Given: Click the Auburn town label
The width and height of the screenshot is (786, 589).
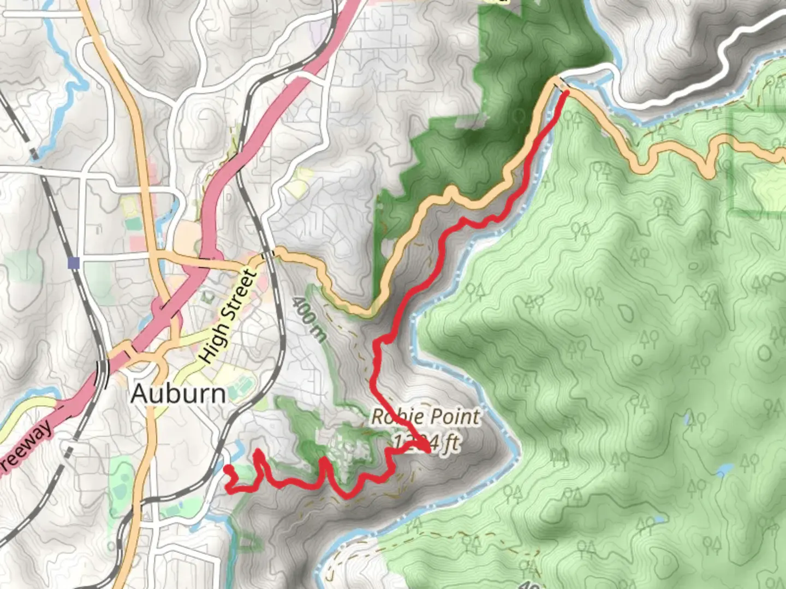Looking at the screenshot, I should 178,393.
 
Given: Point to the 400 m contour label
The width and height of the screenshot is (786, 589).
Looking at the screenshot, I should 309,319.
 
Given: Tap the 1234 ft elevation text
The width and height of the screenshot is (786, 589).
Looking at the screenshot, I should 426,442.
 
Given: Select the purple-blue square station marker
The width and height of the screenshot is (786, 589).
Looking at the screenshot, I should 74,263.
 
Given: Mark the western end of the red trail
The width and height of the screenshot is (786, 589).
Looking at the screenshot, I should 228,469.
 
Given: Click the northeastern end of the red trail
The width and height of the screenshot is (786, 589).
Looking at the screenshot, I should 566,93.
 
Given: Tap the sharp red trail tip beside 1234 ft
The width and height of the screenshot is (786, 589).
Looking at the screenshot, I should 429,451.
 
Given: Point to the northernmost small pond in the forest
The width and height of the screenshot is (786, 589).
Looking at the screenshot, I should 689,419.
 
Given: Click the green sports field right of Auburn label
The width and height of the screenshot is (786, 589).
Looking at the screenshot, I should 239,390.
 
